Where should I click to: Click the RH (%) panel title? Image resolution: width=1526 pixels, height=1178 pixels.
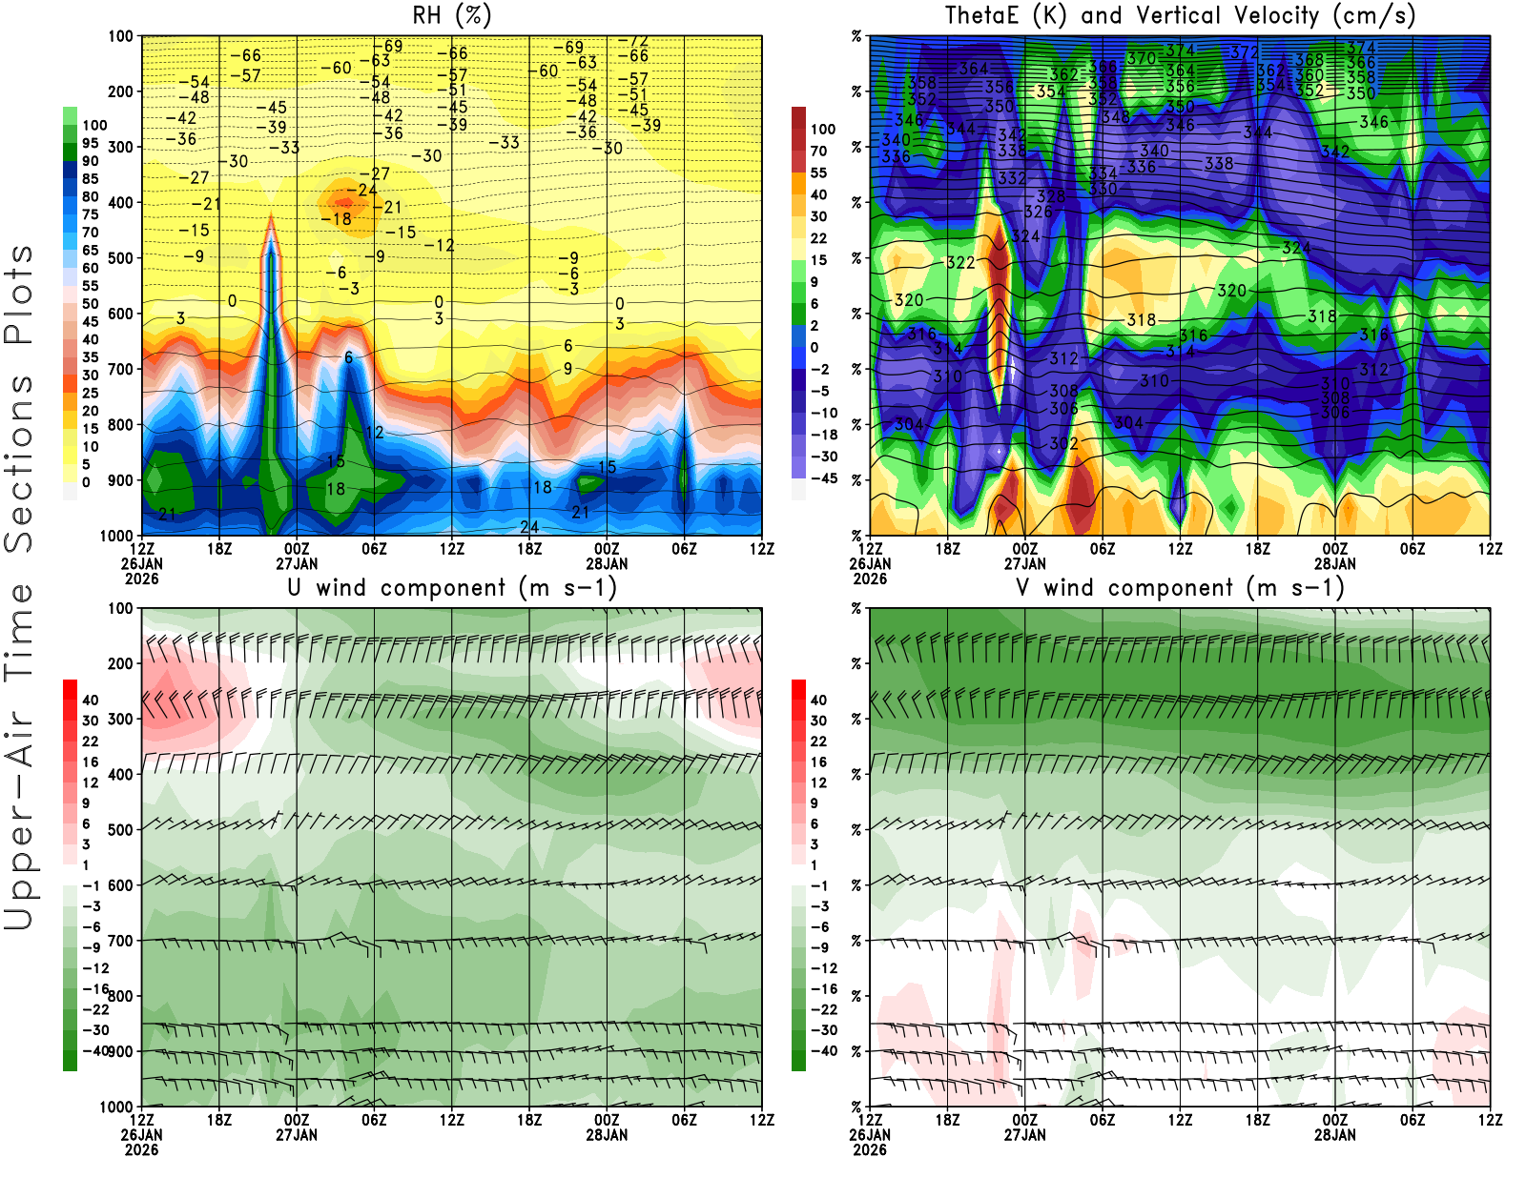pyautogui.click(x=451, y=15)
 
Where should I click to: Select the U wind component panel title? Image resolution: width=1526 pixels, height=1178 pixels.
pyautogui.click(x=452, y=587)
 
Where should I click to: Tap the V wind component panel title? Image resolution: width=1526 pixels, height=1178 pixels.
pyautogui.click(x=1180, y=587)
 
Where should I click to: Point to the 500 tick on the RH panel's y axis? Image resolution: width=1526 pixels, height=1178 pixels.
pyautogui.click(x=120, y=258)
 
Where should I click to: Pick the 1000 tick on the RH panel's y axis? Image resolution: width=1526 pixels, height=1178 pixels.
pyautogui.click(x=116, y=536)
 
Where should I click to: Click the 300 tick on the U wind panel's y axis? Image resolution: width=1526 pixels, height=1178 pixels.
pyautogui.click(x=120, y=719)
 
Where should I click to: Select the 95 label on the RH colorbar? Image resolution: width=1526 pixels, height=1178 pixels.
pyautogui.click(x=90, y=143)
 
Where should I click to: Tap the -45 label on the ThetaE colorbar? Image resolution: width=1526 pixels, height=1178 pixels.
pyautogui.click(x=824, y=478)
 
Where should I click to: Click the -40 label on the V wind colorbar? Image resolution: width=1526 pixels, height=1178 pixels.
pyautogui.click(x=824, y=1051)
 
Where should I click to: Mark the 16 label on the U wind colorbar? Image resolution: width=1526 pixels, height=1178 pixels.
pyautogui.click(x=90, y=762)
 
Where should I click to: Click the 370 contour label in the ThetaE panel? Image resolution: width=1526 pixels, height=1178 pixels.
pyautogui.click(x=1141, y=58)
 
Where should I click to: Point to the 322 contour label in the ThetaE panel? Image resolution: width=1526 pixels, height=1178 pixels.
pyautogui.click(x=960, y=263)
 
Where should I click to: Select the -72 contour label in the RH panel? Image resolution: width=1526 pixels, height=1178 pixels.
pyautogui.click(x=633, y=41)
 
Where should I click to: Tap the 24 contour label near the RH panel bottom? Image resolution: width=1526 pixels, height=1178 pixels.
pyautogui.click(x=529, y=527)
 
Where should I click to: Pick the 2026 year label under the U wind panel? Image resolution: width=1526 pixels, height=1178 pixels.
pyautogui.click(x=141, y=1149)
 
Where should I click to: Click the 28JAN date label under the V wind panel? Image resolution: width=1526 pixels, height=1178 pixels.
pyautogui.click(x=1334, y=1135)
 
